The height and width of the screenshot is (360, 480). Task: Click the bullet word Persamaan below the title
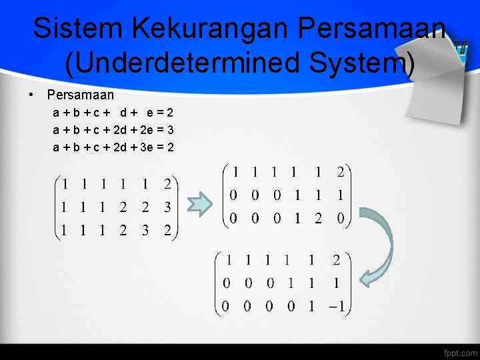(81, 95)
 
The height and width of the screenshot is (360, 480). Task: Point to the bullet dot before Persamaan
(31, 95)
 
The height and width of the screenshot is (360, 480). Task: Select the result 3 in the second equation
(171, 129)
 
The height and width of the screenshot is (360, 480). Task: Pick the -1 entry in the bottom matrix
(336, 306)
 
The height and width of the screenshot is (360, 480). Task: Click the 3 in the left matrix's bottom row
(145, 231)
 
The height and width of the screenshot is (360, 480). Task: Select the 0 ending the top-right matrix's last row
(340, 218)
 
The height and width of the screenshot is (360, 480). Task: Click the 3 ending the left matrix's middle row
(167, 207)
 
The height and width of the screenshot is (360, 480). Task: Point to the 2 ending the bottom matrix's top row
(336, 260)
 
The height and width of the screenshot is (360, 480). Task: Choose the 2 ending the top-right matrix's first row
(340, 173)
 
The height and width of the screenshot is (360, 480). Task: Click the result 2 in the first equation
(171, 113)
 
